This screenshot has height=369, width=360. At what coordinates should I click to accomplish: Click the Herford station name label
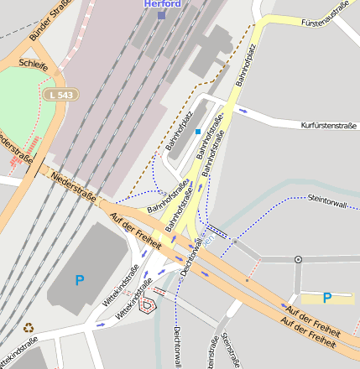[x=162, y=3]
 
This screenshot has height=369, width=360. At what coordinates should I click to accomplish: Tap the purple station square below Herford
[x=162, y=14]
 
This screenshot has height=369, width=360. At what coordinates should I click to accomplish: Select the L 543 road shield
[x=61, y=95]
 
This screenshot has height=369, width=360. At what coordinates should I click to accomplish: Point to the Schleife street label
[x=33, y=64]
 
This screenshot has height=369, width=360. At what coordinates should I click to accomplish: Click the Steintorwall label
[x=333, y=200]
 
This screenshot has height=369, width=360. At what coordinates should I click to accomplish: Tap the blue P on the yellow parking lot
[x=327, y=297]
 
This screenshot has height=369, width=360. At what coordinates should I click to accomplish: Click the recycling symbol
[x=29, y=328]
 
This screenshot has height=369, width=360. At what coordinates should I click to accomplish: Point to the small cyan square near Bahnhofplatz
[x=198, y=132]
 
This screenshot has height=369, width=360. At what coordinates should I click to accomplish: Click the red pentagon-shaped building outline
[x=147, y=304]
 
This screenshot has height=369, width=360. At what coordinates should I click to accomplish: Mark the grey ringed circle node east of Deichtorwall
[x=298, y=260]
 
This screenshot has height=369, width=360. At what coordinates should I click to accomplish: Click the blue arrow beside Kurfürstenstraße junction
[x=243, y=110]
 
